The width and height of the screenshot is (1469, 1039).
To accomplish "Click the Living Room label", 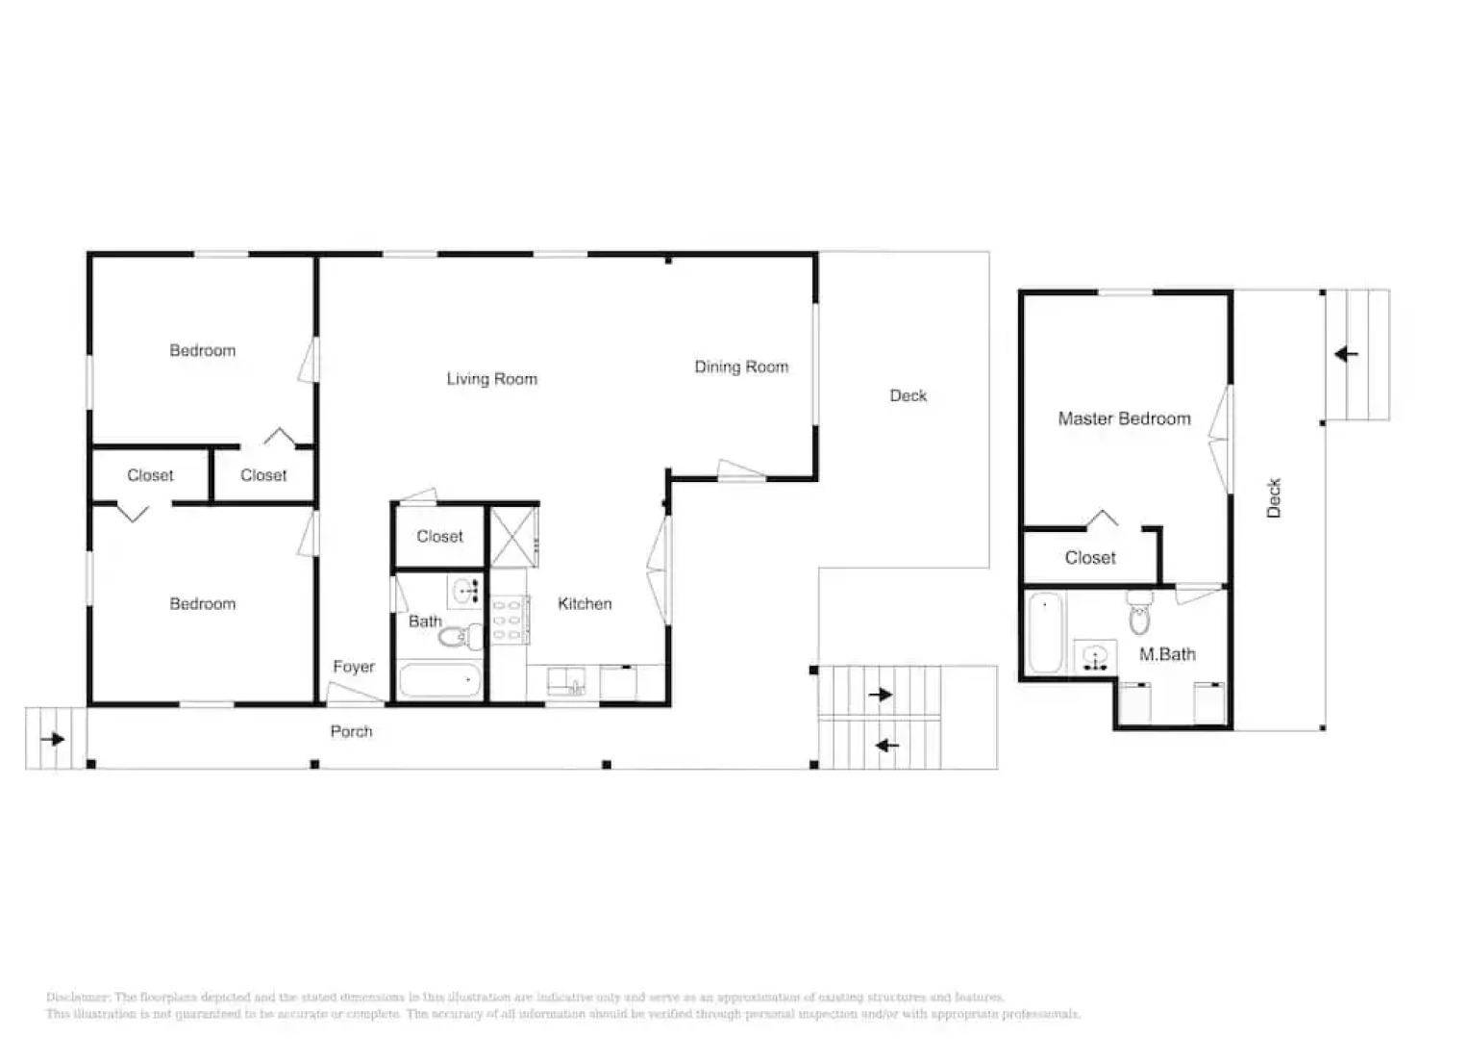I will click(x=491, y=379).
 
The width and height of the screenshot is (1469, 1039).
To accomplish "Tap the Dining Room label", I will click(x=741, y=367).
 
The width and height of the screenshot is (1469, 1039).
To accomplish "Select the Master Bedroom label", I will click(x=1124, y=418).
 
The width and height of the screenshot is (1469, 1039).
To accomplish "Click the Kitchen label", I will click(x=585, y=603).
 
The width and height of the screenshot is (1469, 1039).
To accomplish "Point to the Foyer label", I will click(x=354, y=667).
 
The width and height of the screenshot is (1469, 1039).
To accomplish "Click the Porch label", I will click(x=351, y=731).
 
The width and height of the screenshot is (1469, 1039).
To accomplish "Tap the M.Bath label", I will click(x=1167, y=654).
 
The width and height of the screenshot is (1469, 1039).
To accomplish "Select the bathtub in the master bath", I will click(x=1045, y=632).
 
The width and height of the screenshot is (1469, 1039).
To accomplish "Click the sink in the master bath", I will click(x=1095, y=657).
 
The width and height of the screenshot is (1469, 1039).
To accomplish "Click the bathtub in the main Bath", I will click(x=439, y=680).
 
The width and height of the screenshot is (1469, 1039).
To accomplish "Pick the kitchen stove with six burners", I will click(x=507, y=620).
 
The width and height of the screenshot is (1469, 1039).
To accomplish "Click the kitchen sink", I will click(x=563, y=681).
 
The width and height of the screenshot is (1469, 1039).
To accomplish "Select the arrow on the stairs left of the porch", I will click(x=52, y=739).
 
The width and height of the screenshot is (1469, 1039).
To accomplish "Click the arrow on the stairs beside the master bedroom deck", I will click(x=1347, y=354).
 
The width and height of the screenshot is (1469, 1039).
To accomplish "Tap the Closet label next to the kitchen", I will click(x=439, y=537).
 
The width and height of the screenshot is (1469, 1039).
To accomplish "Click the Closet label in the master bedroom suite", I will click(x=1090, y=558).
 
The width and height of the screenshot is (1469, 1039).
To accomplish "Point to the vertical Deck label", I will click(x=1274, y=498).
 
